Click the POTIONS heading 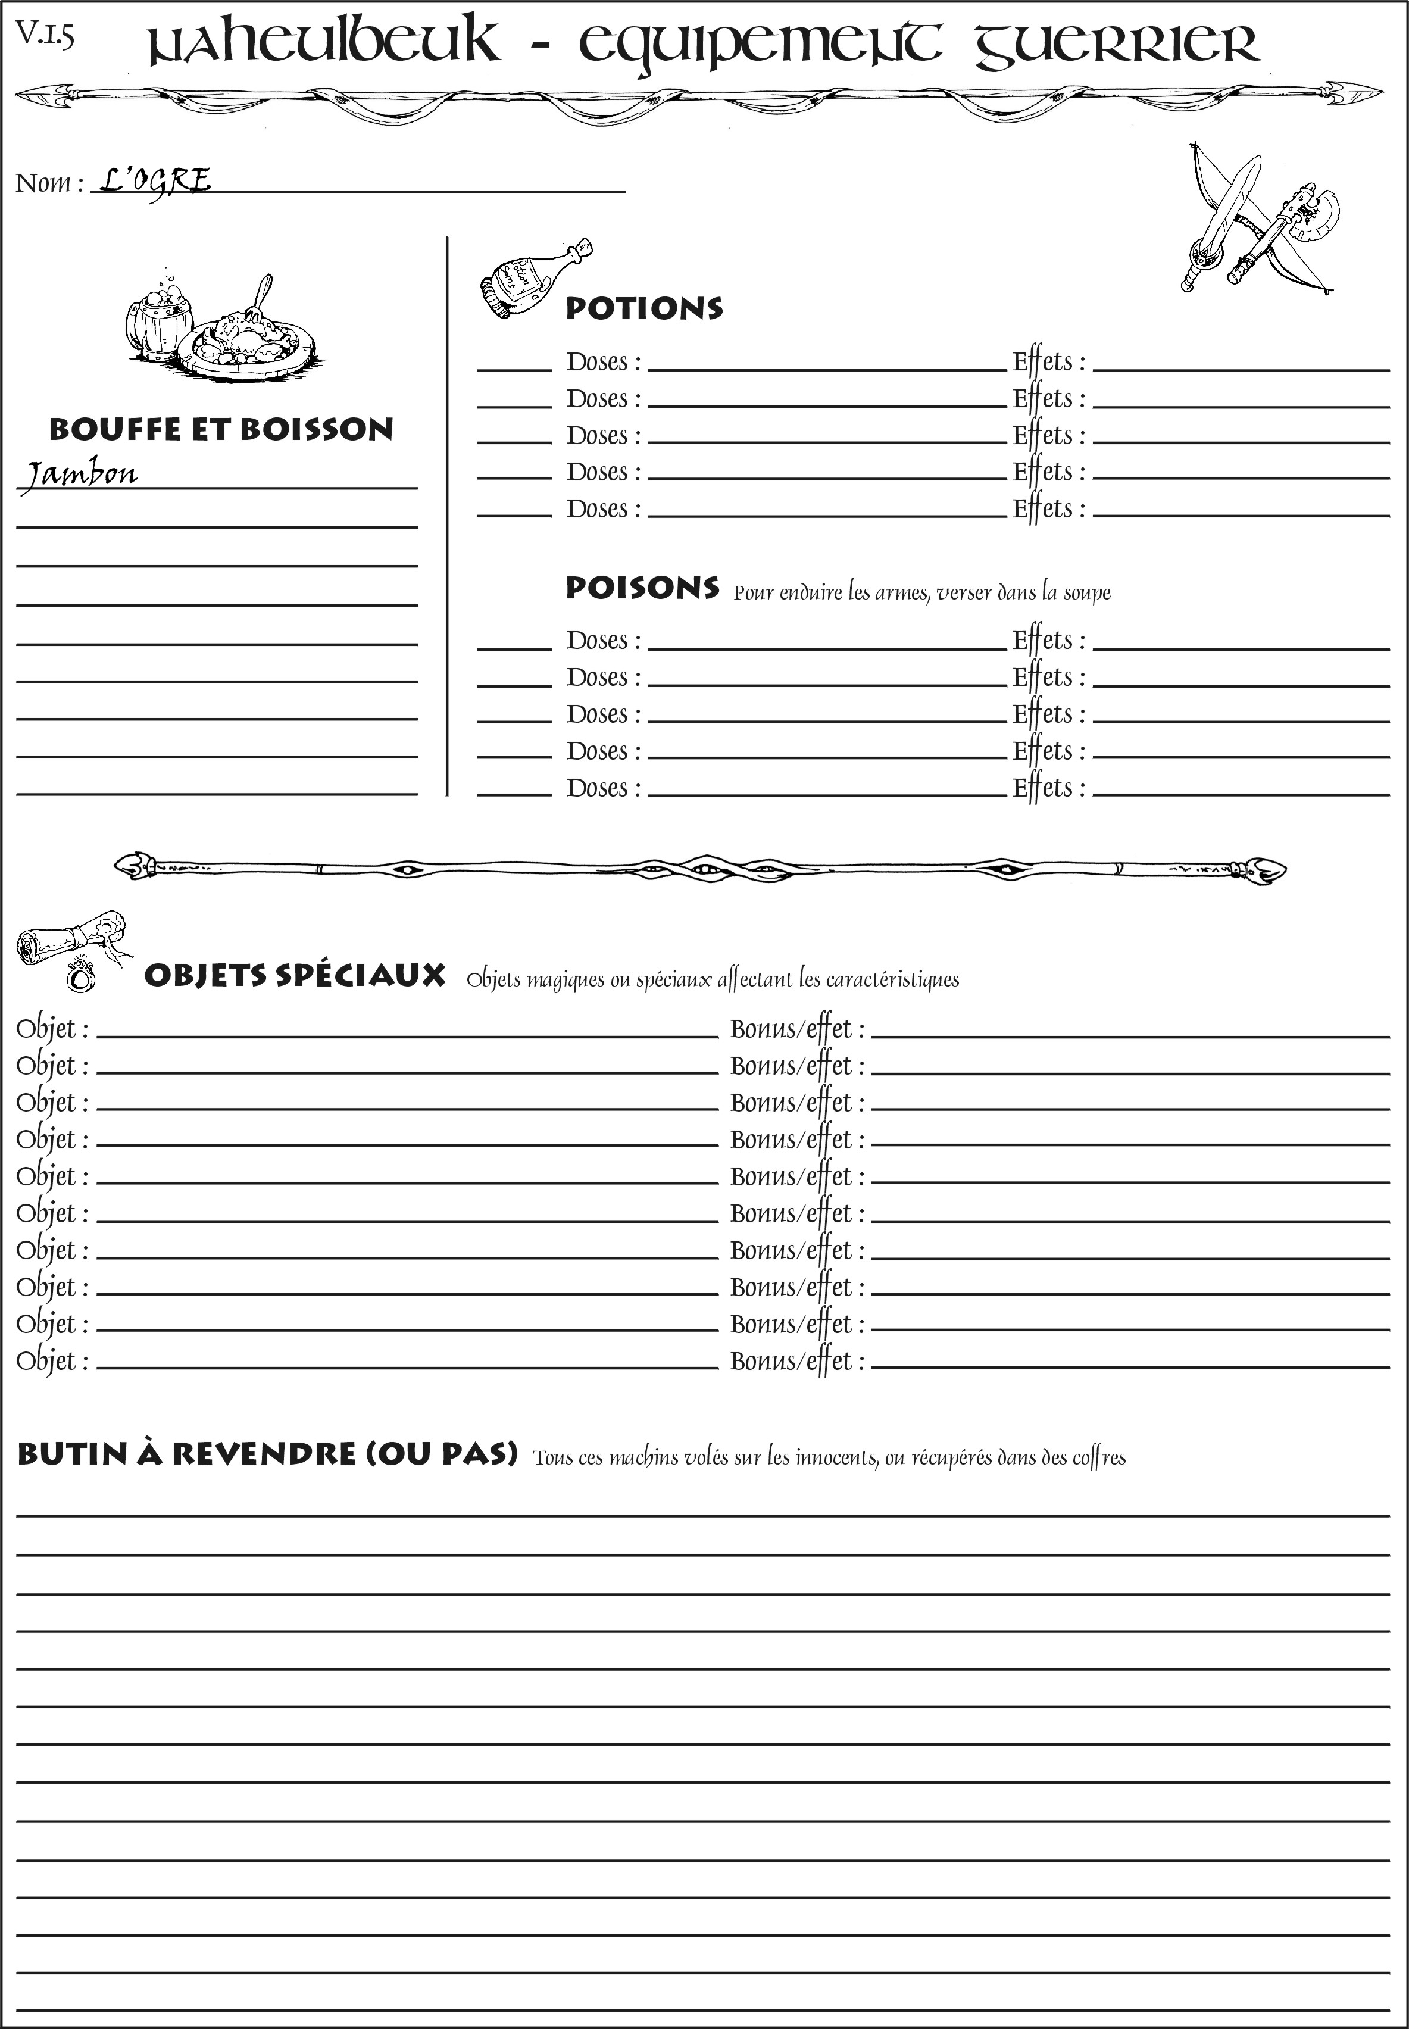(643, 308)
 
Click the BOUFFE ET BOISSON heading (221, 429)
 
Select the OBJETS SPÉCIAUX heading (294, 976)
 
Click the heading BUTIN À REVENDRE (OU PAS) (267, 1453)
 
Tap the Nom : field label (49, 183)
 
